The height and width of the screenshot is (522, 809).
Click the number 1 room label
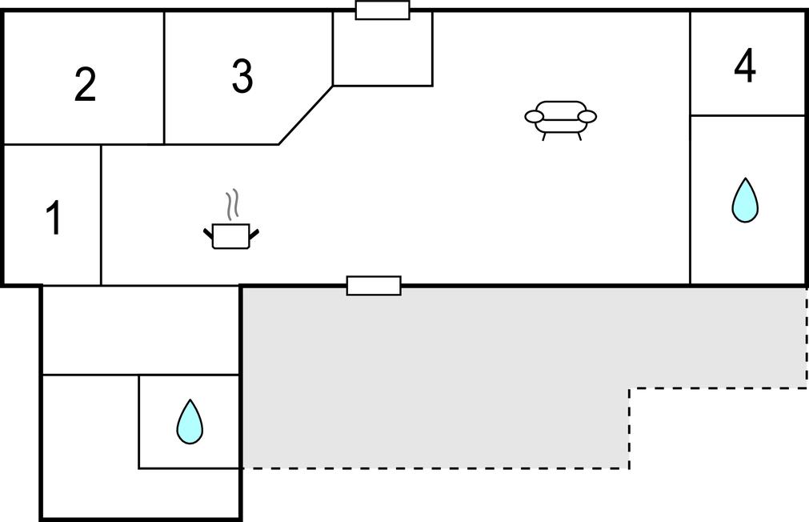54,218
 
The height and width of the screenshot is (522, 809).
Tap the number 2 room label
85,84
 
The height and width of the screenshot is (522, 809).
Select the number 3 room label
242,76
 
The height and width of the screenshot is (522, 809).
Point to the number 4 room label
745,65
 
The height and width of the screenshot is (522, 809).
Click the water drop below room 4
745,201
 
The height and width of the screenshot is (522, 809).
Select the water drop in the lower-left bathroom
190,422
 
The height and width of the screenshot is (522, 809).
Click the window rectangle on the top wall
382,10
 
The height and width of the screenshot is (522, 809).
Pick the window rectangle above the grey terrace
374,286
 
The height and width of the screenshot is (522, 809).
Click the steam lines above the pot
233,204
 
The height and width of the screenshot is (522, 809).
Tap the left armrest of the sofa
534,117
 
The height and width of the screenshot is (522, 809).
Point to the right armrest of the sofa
587,117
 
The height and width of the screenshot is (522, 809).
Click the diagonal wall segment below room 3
306,115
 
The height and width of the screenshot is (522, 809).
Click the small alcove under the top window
382,49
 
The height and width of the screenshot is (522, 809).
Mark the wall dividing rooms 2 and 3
164,78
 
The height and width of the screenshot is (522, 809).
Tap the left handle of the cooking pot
208,233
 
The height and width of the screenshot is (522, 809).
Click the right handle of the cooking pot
254,234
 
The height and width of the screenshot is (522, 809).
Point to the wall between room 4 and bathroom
747,115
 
